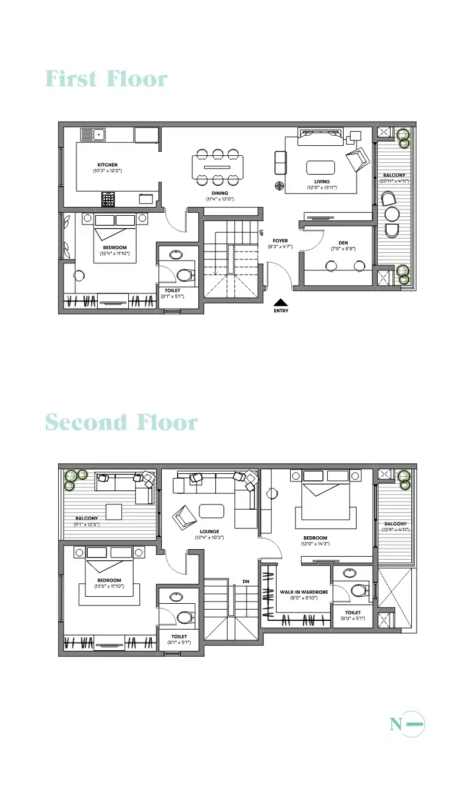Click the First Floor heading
(x=106, y=79)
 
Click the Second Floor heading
(x=121, y=422)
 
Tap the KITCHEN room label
(x=107, y=165)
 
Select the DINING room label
(x=220, y=193)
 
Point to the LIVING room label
(x=322, y=182)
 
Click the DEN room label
(x=343, y=243)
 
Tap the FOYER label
(x=280, y=241)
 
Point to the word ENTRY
(x=281, y=310)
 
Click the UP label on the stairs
(x=261, y=233)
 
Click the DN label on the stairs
(x=246, y=582)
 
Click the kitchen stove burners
(x=108, y=199)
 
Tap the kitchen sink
(x=92, y=135)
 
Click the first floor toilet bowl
(x=185, y=274)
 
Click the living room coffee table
(x=321, y=168)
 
